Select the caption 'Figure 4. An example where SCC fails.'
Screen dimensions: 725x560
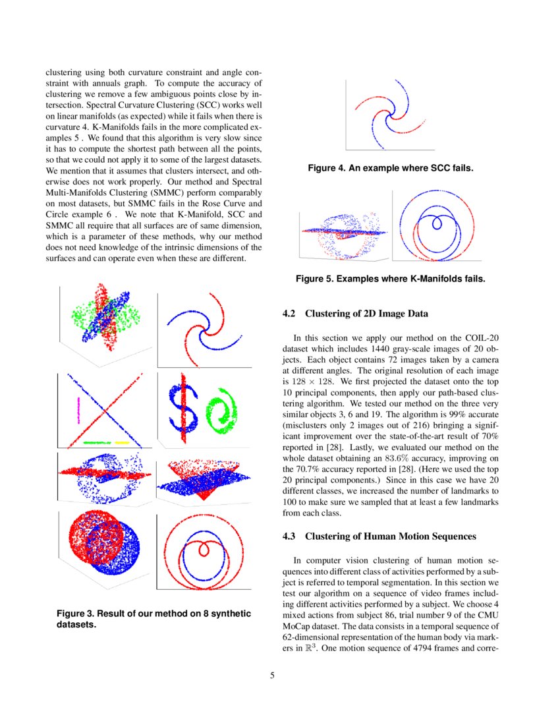point(391,169)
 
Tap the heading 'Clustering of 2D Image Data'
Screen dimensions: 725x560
point(367,313)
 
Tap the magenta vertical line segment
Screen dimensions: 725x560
point(78,409)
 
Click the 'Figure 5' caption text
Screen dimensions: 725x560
point(390,279)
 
